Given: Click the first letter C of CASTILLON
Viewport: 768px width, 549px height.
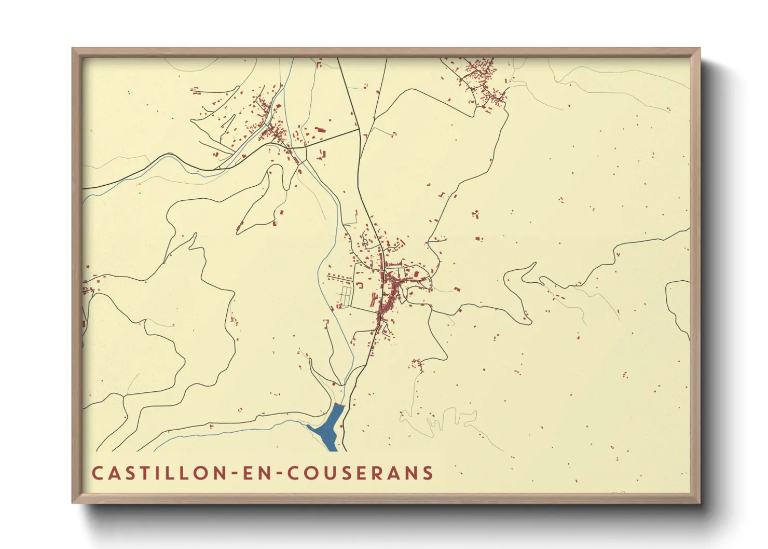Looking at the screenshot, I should [x=97, y=473].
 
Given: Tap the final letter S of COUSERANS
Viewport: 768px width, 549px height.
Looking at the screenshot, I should [x=428, y=473].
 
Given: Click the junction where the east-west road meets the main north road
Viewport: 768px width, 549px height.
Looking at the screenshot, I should [x=359, y=130].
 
